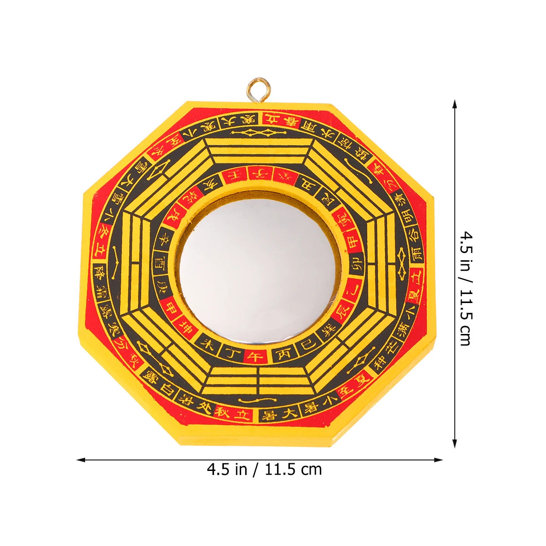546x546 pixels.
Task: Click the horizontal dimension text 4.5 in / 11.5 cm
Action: [264, 469]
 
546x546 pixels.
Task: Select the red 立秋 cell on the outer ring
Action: [233, 413]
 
